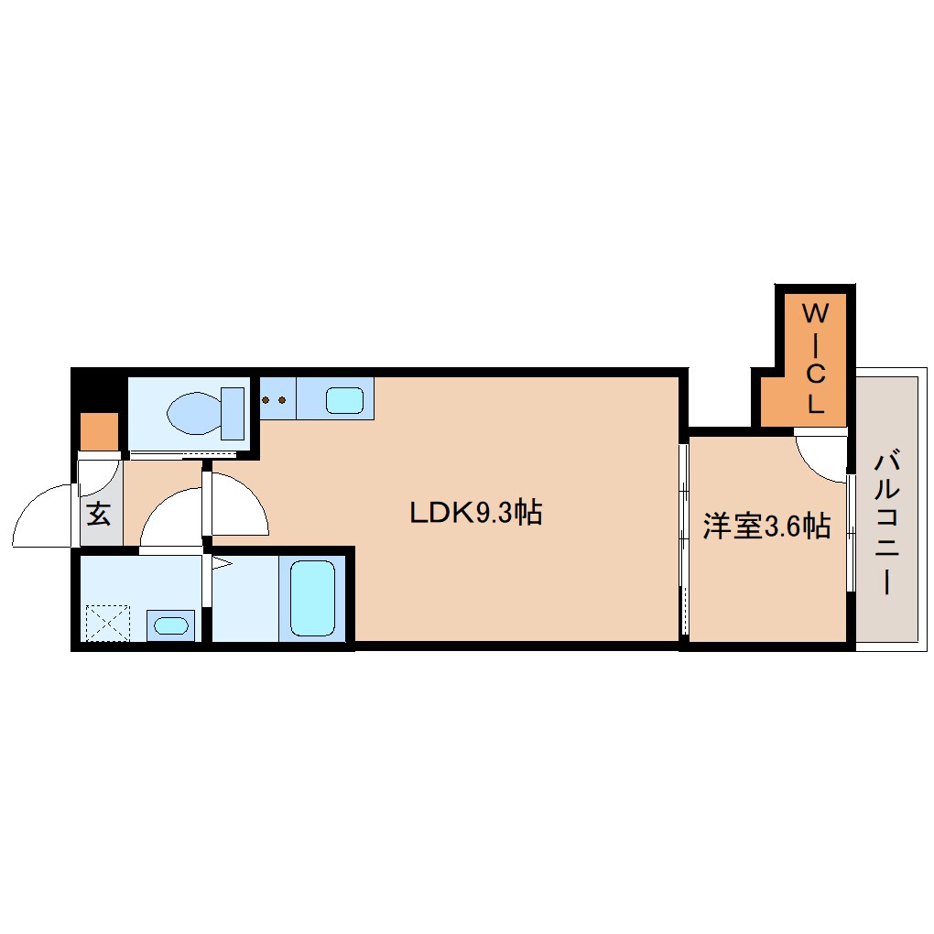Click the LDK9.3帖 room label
(476, 512)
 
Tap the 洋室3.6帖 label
(766, 526)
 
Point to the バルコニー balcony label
(887, 522)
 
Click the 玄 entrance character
(99, 514)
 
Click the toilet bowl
(195, 413)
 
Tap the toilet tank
(233, 413)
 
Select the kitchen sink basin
(344, 399)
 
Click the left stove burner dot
(266, 399)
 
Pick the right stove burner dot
(282, 399)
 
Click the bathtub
(312, 598)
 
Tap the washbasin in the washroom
(171, 625)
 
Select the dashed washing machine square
(108, 623)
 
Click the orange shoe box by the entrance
(99, 431)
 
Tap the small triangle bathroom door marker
(221, 563)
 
